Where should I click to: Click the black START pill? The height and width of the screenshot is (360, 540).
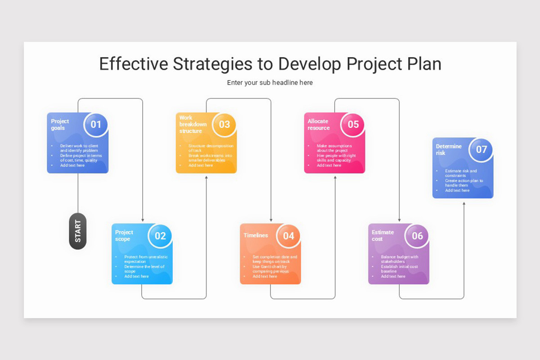pos(78,231)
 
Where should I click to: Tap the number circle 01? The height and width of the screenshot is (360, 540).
pos(96,124)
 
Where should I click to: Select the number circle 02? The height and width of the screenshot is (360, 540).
pos(160,235)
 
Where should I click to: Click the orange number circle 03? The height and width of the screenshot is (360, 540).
pos(224,124)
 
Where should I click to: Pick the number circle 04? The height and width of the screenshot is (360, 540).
pos(288,235)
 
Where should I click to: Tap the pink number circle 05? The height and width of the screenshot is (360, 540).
pos(353,124)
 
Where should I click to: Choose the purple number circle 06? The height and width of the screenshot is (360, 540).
pos(417,235)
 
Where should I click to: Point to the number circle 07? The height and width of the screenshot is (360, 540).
pos(481,149)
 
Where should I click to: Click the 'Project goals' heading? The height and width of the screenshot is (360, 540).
pos(60,124)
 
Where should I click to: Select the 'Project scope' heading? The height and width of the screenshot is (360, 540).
pos(124,235)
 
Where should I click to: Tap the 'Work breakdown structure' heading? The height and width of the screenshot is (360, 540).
pos(193,124)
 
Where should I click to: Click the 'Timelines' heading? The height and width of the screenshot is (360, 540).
pos(256,235)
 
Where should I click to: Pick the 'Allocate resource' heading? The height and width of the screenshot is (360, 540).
pos(319,124)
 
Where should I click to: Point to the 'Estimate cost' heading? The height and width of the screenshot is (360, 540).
pos(382,235)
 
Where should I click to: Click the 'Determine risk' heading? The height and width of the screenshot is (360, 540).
pos(449,149)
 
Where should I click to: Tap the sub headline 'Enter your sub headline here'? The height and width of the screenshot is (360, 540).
pos(270,83)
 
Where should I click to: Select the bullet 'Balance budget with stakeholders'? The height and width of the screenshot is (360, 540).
pos(399,259)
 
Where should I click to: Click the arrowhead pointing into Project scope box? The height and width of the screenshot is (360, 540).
pos(143,220)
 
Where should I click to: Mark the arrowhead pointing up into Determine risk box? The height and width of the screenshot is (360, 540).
pos(464,204)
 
